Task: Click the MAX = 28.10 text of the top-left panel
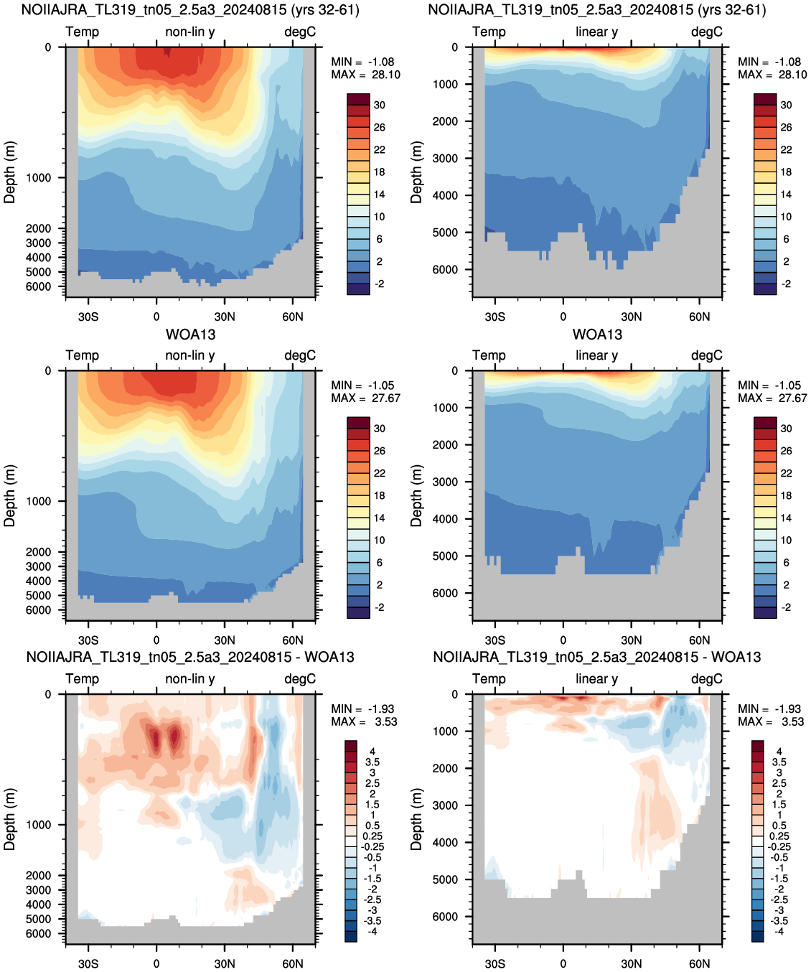pos(365,75)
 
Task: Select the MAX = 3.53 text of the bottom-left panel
pos(364,721)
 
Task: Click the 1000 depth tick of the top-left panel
pos(38,178)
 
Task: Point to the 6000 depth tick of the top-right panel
pos(445,269)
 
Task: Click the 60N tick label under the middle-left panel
pos(292,640)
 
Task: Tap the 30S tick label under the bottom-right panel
pos(494,963)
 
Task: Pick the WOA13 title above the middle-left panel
pos(190,335)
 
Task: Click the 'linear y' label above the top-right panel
pos(597,32)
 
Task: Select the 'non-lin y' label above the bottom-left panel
pos(190,678)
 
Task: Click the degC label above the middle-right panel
pos(707,355)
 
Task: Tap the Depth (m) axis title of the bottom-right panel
pos(416,819)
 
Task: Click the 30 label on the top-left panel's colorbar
pos(380,106)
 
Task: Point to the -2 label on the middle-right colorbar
pos(787,607)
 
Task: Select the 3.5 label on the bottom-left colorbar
pos(372,762)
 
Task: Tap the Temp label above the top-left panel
pos(82,32)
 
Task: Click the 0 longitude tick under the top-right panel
pos(563,317)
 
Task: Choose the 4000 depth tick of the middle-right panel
pos(445,519)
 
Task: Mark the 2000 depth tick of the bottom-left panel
pos(38,876)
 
